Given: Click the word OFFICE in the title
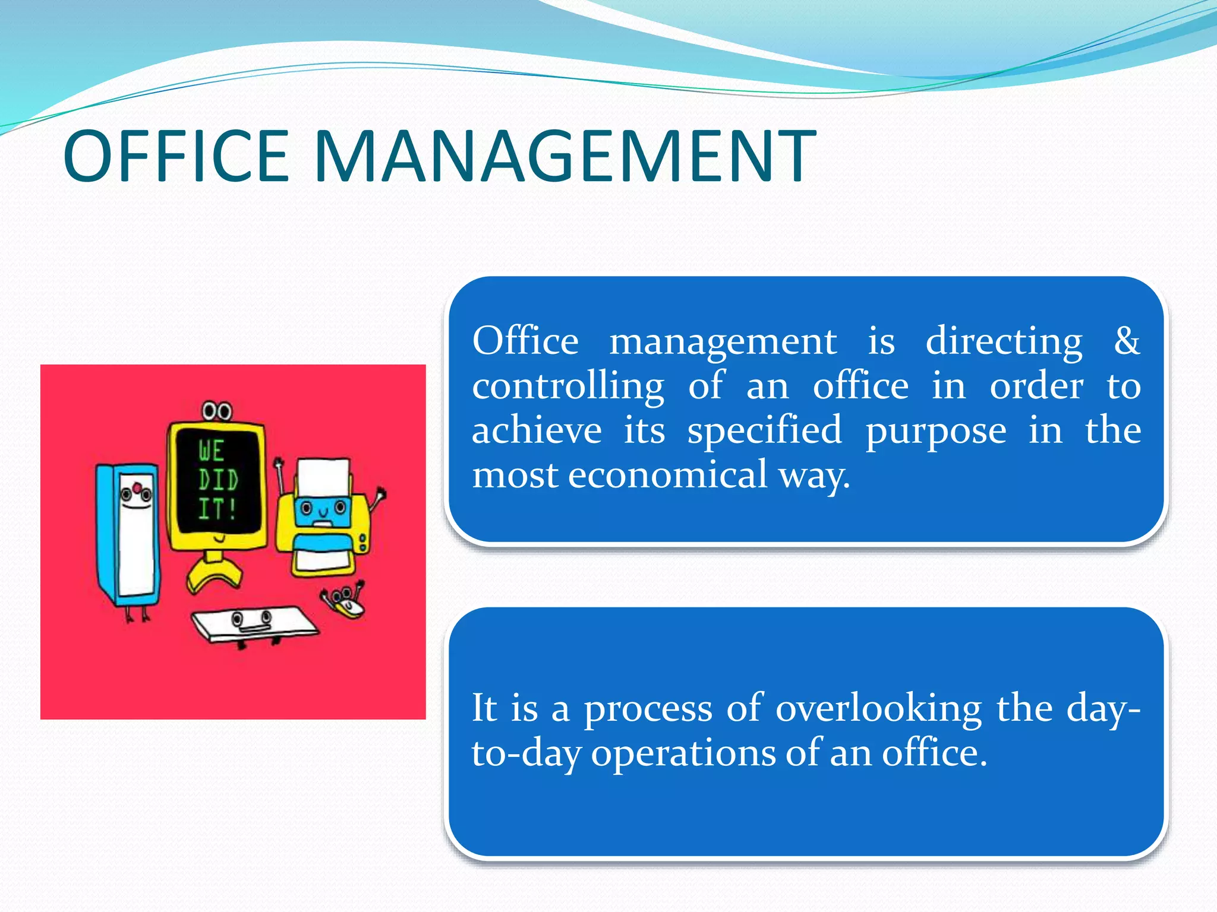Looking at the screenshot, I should tap(176, 157).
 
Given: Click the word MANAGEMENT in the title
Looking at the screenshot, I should tap(565, 157).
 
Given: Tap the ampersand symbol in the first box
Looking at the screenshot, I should tap(1127, 341).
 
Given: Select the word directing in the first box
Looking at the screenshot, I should tap(1004, 342).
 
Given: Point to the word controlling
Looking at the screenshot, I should tap(568, 387).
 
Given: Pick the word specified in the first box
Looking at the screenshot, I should tap(765, 431).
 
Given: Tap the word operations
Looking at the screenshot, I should tap(683, 753).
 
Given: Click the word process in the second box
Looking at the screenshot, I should tap(648, 709).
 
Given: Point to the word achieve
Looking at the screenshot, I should tap(537, 430).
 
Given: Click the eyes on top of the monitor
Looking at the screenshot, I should tap(216, 411).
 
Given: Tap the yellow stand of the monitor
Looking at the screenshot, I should tap(213, 571).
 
